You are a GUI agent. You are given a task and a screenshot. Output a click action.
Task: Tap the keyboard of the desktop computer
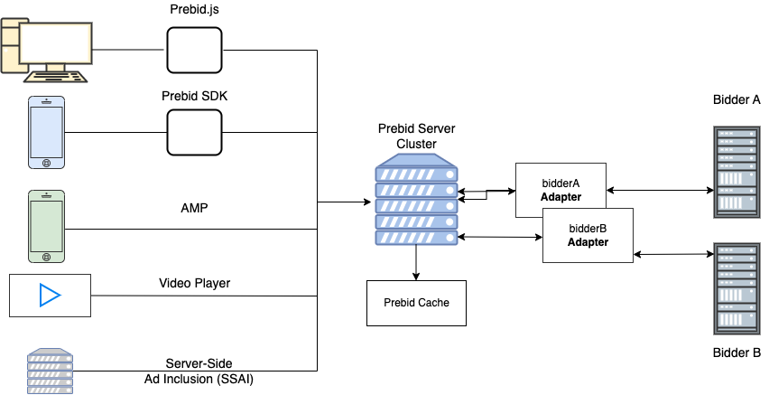pyautogui.click(x=55, y=77)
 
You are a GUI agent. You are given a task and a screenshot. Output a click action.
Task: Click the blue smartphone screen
pyautogui.click(x=47, y=128)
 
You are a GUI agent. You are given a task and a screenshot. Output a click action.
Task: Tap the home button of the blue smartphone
pyautogui.click(x=47, y=163)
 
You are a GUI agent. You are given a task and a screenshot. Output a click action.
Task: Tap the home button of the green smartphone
pyautogui.click(x=47, y=258)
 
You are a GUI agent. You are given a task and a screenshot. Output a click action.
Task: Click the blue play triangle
pyautogui.click(x=50, y=296)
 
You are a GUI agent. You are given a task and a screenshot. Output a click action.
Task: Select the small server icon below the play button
pyautogui.click(x=50, y=371)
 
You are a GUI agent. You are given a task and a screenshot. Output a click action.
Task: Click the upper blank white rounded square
pyautogui.click(x=194, y=50)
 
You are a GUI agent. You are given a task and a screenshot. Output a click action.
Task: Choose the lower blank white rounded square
pyautogui.click(x=194, y=132)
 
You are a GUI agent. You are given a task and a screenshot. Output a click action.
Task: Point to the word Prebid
pyautogui.click(x=401, y=303)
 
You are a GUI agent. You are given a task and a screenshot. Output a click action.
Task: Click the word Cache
pyautogui.click(x=434, y=303)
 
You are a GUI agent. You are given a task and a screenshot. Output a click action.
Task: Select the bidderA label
pyautogui.click(x=561, y=183)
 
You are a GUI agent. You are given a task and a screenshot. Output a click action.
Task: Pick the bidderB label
pyautogui.click(x=588, y=229)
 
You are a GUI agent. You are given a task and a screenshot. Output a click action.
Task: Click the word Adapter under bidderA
pyautogui.click(x=561, y=197)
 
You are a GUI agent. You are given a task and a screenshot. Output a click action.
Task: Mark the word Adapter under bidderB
pyautogui.click(x=588, y=242)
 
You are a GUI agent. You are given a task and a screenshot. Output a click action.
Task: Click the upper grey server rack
pyautogui.click(x=737, y=173)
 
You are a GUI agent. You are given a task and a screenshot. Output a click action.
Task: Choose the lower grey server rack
pyautogui.click(x=737, y=288)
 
